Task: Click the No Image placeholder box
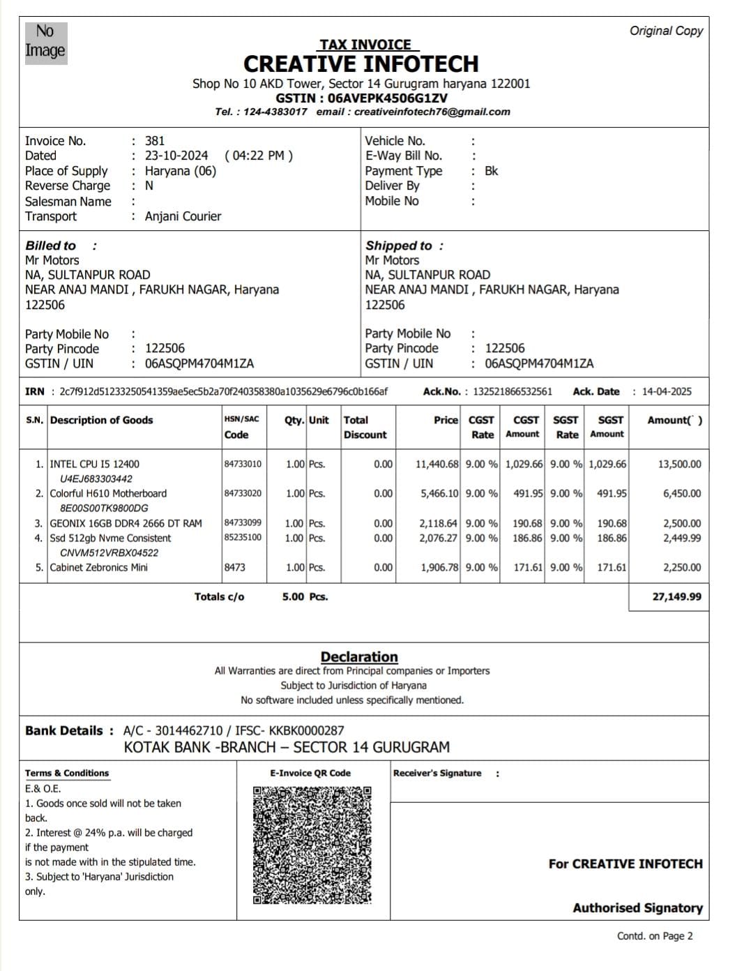pyautogui.click(x=46, y=43)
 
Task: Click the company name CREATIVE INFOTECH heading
pyautogui.click(x=361, y=64)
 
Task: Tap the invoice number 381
pyautogui.click(x=155, y=141)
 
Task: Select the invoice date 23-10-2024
pyautogui.click(x=176, y=156)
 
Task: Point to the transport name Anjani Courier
pyautogui.click(x=183, y=216)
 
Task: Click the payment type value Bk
pyautogui.click(x=492, y=171)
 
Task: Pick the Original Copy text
pyautogui.click(x=666, y=31)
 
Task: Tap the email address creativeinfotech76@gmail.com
pyautogui.click(x=432, y=112)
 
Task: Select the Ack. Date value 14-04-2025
pyautogui.click(x=667, y=391)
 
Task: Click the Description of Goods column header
pyautogui.click(x=102, y=420)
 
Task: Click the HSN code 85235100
pyautogui.click(x=243, y=538)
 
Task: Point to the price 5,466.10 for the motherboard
pyautogui.click(x=439, y=493)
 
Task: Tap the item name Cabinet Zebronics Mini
pyautogui.click(x=99, y=567)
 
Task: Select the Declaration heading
pyautogui.click(x=359, y=656)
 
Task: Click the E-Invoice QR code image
pyautogui.click(x=312, y=845)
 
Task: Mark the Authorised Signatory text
pyautogui.click(x=637, y=908)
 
